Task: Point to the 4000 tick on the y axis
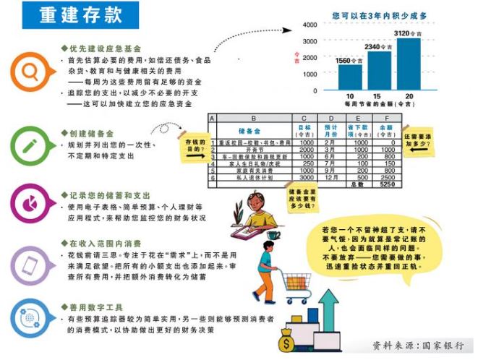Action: point(309,25)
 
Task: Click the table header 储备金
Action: point(249,131)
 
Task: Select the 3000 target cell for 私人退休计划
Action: point(306,177)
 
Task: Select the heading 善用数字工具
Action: point(93,307)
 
